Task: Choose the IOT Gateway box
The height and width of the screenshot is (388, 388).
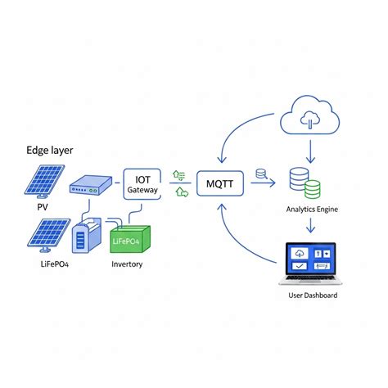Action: [142, 184]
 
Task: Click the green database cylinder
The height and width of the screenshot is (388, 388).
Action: [311, 192]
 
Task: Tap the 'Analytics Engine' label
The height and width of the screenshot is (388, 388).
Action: [312, 210]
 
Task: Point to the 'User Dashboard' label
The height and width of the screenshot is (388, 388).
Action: [311, 295]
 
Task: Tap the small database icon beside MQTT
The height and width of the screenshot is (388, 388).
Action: [262, 174]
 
